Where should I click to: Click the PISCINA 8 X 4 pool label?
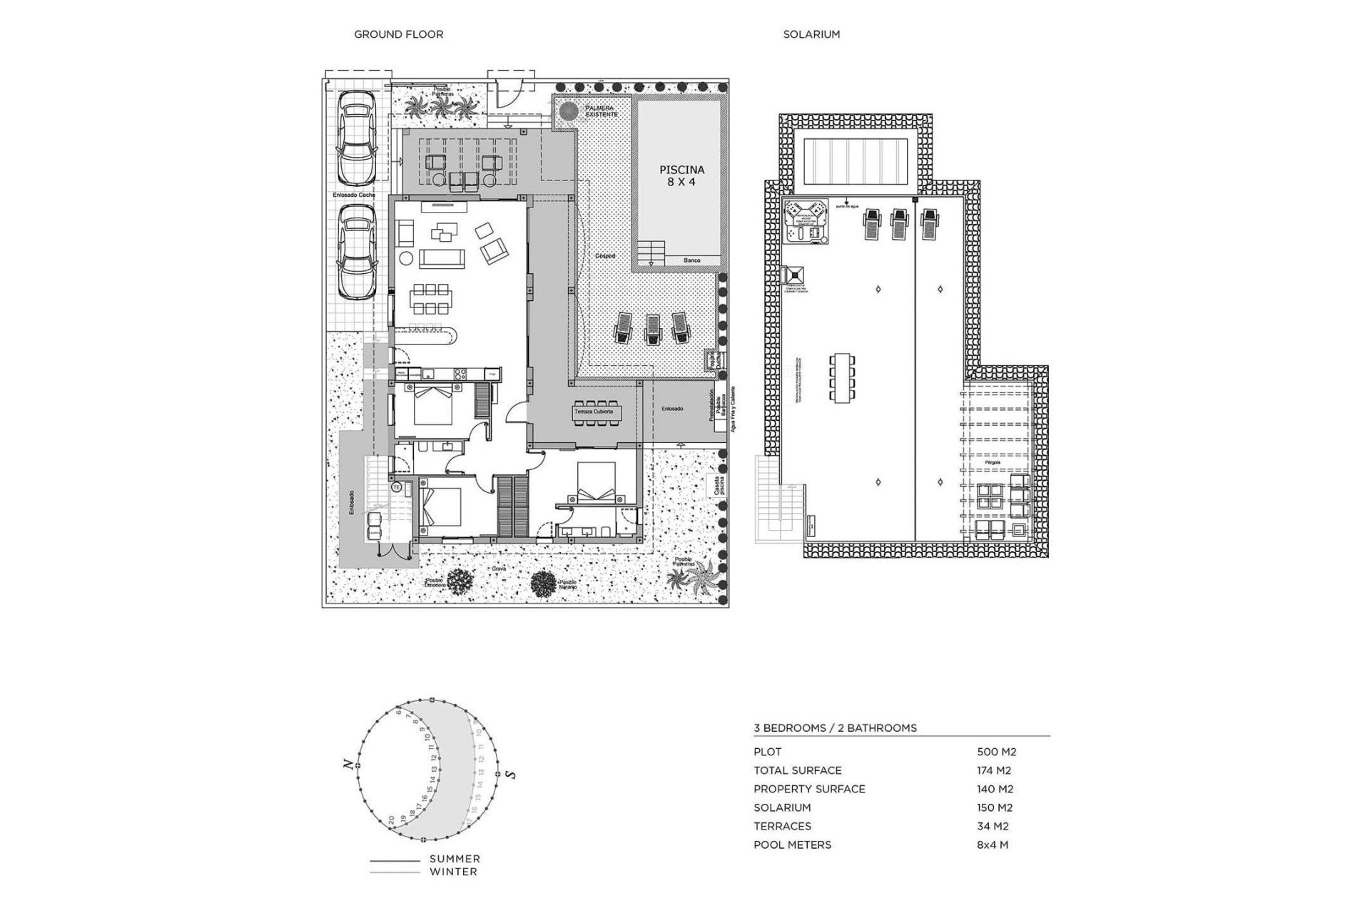point(681,176)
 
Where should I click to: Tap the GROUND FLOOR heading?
point(399,34)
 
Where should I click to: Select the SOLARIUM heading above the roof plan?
point(811,34)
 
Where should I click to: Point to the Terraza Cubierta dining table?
point(597,413)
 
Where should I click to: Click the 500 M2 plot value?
point(996,752)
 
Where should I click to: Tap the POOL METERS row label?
point(792,845)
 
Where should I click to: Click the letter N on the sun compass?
point(348,765)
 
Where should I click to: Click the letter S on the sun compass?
point(512,775)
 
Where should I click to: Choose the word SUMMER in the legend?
point(455,859)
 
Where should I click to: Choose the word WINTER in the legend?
point(453,872)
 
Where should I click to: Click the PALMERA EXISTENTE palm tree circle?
point(568,111)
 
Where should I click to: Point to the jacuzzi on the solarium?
point(805,221)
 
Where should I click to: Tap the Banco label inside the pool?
point(691,261)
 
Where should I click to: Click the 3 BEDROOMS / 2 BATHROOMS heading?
point(835,728)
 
